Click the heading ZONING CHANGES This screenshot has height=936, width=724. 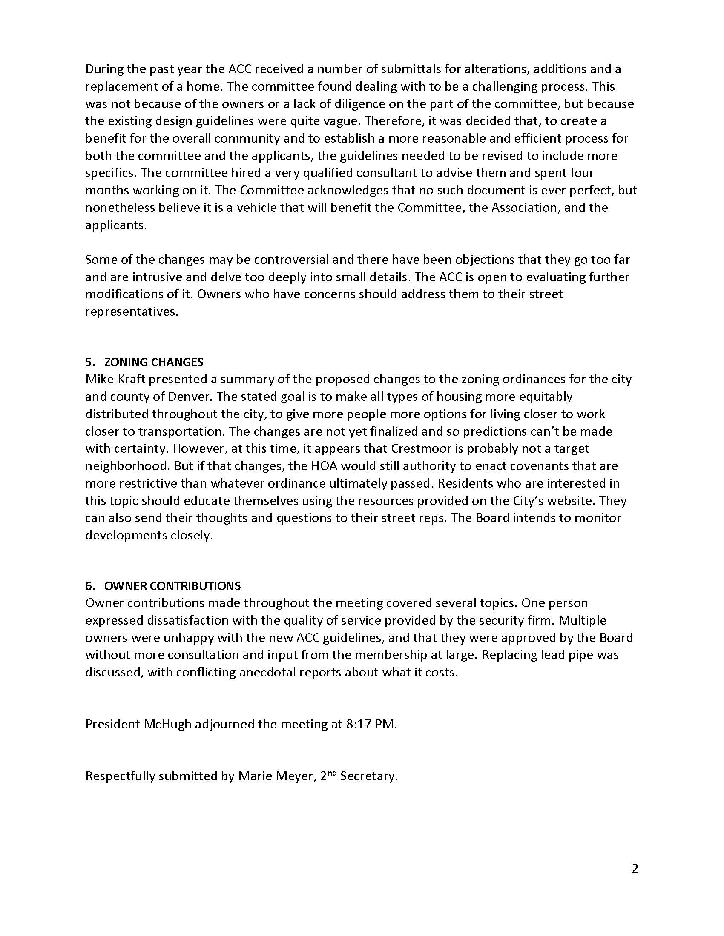[x=154, y=362]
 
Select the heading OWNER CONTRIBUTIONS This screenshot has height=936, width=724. [x=172, y=586]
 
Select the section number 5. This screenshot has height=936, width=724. [x=89, y=362]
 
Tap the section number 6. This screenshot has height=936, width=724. [x=89, y=586]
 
